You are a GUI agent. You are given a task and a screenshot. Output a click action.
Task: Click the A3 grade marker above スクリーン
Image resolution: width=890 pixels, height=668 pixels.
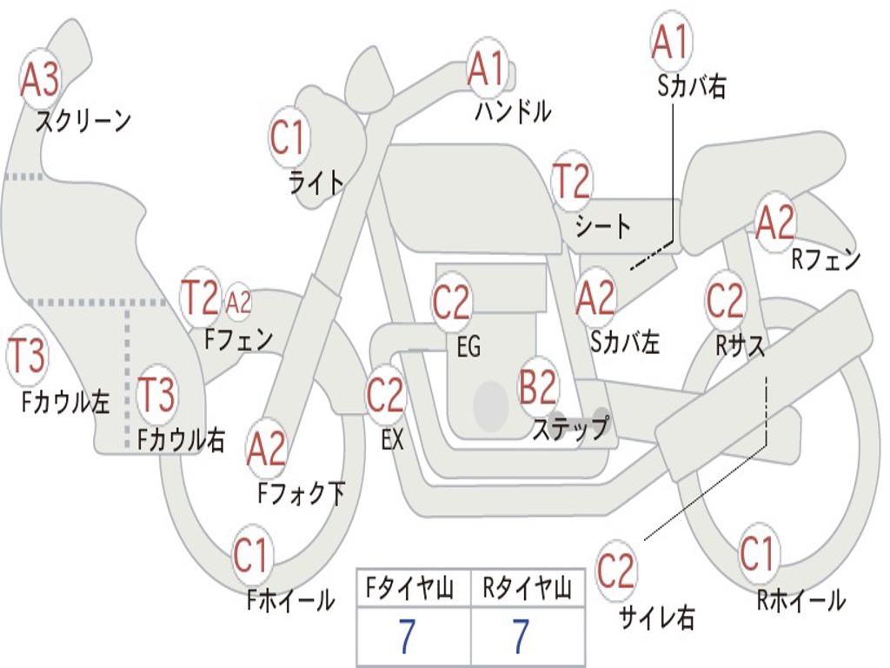coord(40,80)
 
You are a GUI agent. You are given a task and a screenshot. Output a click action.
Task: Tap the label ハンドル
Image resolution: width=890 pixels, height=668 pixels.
coord(513,111)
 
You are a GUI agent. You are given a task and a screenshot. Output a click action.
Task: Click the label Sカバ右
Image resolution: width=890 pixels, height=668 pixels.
coord(692,86)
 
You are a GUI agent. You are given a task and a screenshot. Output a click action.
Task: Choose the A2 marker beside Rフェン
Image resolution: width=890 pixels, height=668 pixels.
coord(775,223)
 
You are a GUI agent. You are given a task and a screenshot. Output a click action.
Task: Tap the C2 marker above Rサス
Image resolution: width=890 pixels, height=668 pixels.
coord(725,300)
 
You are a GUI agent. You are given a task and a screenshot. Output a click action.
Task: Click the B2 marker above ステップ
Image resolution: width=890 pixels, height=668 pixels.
coord(538,386)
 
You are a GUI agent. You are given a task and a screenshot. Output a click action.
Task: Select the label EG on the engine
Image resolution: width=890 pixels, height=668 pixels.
coord(468,346)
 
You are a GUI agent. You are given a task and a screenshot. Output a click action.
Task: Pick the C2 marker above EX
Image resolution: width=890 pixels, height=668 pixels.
coord(385,395)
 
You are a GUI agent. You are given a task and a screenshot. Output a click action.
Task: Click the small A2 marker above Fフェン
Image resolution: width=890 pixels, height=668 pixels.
coord(238,302)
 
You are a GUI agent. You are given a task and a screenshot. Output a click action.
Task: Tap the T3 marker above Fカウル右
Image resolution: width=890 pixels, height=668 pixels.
coord(157,396)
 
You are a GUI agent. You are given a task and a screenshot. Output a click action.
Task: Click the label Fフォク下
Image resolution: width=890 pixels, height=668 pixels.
coord(302,493)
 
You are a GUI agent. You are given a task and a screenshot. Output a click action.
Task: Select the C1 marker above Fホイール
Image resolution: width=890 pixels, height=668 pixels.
coord(252,555)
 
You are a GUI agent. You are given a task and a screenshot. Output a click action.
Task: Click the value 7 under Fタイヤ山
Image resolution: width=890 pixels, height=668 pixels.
coord(407,638)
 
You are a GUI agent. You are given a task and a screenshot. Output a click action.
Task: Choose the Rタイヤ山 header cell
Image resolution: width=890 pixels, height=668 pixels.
coord(527,590)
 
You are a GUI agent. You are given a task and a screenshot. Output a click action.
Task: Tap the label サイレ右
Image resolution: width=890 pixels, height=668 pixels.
coord(656,618)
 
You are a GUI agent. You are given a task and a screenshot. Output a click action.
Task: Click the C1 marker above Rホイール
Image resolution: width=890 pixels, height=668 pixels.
coord(757,553)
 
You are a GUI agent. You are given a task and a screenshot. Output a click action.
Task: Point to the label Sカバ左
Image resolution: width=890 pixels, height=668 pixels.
coord(625,342)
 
